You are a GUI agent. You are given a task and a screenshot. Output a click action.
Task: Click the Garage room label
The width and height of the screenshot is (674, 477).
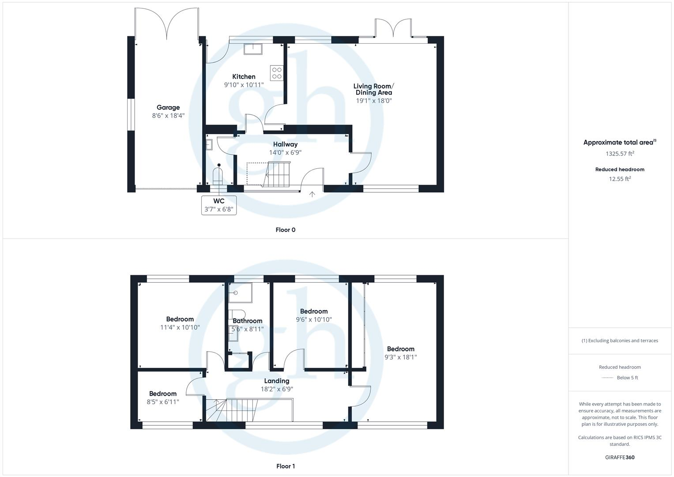(168, 107)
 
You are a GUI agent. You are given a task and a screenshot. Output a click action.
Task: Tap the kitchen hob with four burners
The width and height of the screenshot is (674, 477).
(277, 73)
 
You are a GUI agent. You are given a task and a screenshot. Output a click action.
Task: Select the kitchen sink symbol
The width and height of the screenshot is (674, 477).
(252, 49)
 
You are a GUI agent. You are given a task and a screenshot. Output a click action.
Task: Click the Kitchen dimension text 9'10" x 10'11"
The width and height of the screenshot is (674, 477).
(244, 85)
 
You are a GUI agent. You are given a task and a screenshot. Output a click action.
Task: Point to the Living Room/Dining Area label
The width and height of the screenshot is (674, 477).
(373, 89)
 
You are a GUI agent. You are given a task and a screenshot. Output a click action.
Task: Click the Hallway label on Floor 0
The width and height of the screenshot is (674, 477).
(285, 144)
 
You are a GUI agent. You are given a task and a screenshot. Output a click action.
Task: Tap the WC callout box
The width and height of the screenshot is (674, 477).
(219, 205)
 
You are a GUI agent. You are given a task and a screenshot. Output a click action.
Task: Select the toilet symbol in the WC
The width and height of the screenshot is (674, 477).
(218, 176)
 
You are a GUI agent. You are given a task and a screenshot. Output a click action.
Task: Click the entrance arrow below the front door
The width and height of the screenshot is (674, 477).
(313, 194)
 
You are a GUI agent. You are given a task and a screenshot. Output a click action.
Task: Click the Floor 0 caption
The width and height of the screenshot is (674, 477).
(285, 230)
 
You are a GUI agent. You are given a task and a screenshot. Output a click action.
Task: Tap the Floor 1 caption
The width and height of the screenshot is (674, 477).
(285, 466)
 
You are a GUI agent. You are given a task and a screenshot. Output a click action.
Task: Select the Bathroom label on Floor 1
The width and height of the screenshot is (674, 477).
(248, 321)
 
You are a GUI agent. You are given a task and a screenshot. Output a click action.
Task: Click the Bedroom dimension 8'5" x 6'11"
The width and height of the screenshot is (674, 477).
(163, 402)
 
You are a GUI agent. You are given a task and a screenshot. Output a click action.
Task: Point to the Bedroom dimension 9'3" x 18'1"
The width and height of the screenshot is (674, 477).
(400, 357)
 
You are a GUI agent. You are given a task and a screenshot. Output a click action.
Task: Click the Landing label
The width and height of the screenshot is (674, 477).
(277, 381)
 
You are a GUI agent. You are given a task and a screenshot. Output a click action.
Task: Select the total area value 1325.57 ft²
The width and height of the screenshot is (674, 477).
(620, 154)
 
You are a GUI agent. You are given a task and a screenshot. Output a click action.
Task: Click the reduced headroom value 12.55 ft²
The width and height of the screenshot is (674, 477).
(620, 179)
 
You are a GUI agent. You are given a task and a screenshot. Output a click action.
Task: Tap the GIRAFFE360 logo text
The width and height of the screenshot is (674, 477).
(620, 457)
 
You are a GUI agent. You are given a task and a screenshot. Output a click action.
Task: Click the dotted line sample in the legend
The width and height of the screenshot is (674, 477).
(608, 378)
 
